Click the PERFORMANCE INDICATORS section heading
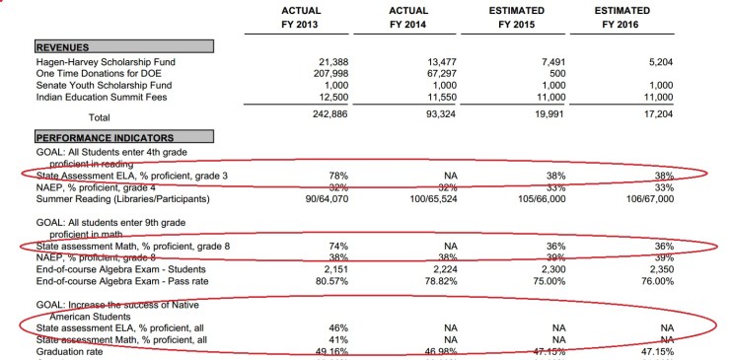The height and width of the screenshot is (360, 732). coord(105,137)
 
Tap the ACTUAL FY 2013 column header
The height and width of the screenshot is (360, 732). coord(281,17)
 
